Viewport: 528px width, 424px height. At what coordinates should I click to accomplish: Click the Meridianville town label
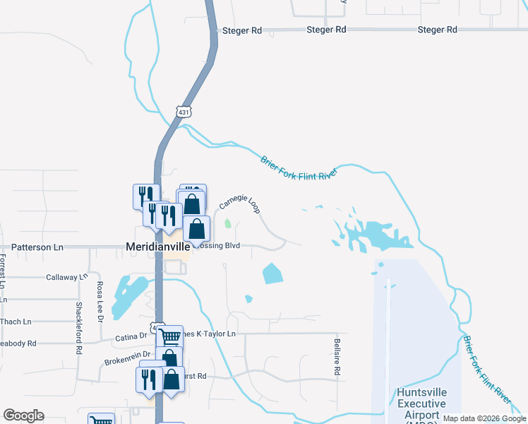[x=158, y=247]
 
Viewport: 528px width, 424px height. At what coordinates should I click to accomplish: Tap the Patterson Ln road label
[x=37, y=247]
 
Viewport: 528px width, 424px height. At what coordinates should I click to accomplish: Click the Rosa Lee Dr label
[x=100, y=302]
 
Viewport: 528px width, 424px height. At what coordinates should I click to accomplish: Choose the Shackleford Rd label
[x=78, y=328]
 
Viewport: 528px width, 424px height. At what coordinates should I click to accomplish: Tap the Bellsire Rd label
[x=337, y=356]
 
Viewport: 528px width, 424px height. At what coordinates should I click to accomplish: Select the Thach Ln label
[x=16, y=322]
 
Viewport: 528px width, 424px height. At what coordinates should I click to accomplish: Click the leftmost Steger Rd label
[x=242, y=31]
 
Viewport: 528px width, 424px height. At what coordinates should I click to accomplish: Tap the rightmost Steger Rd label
[x=438, y=30]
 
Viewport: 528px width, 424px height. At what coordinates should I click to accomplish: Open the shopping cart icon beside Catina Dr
[x=169, y=337]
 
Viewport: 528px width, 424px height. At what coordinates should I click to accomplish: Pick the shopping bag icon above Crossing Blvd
[x=197, y=228]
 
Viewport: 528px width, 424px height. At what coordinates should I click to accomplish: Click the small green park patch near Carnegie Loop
[x=227, y=225]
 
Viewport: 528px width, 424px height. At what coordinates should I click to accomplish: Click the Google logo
[x=23, y=416]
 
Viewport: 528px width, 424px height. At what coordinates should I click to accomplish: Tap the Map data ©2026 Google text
[x=484, y=418]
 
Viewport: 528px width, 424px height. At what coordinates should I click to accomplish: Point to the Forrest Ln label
[x=4, y=272]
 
